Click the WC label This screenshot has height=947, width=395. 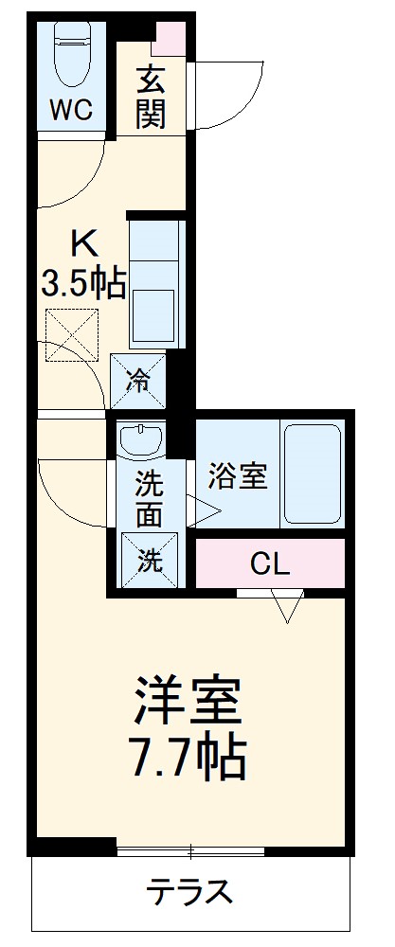71,111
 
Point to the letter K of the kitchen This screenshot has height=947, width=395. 83,245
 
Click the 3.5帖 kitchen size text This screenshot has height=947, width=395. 83,282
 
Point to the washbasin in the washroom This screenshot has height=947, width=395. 140,439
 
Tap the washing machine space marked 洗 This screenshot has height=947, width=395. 149,560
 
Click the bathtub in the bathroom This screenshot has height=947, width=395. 312,474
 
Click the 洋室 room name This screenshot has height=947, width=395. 190,700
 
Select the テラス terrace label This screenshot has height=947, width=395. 189,892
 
